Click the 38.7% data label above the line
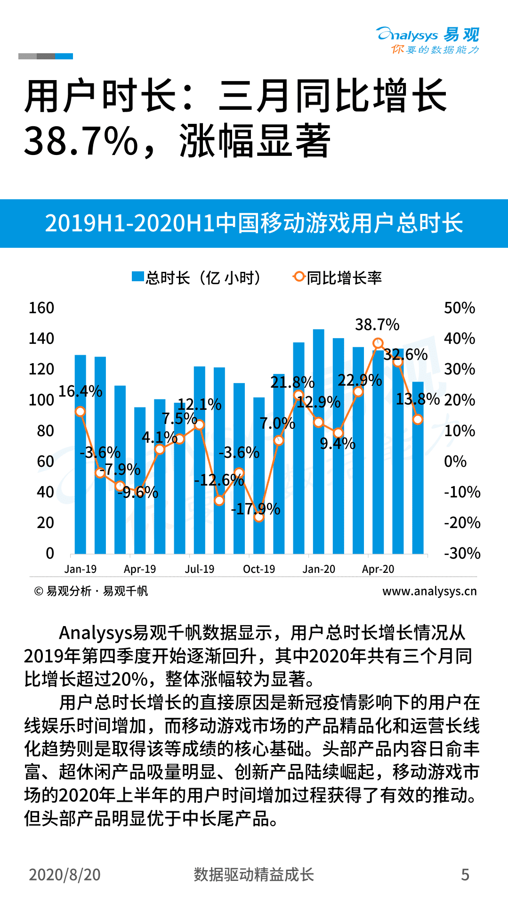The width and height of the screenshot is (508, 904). pos(377,325)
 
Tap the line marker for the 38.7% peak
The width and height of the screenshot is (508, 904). pos(378,343)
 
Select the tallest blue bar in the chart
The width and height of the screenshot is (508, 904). pos(319,440)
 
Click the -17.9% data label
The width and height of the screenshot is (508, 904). pos(256,509)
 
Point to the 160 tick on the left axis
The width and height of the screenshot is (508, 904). pos(41,308)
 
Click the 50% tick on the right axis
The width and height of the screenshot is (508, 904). pos(459,308)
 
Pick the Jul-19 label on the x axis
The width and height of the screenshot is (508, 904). pos(199,569)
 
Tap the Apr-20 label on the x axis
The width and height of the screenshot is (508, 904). pos(378,569)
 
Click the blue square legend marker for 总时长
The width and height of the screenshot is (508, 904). pos(137,277)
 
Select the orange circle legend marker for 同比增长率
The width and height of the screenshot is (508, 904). pos(298,277)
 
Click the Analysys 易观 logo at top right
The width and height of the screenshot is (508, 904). pos(427,41)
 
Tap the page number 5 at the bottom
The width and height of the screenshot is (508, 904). pos(465,875)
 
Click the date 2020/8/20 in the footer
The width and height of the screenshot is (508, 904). pos(65,875)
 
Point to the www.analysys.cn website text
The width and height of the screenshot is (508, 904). pos(429,591)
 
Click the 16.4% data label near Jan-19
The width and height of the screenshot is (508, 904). pos(80,391)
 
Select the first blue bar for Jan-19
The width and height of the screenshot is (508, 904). pos(81,454)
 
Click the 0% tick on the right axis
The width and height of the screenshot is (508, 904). pos(455,461)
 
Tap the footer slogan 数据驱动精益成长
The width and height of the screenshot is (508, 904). pos(254,875)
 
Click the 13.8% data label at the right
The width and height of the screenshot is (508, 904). pos(417,399)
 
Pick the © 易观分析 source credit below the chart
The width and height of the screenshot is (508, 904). pos(91,591)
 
